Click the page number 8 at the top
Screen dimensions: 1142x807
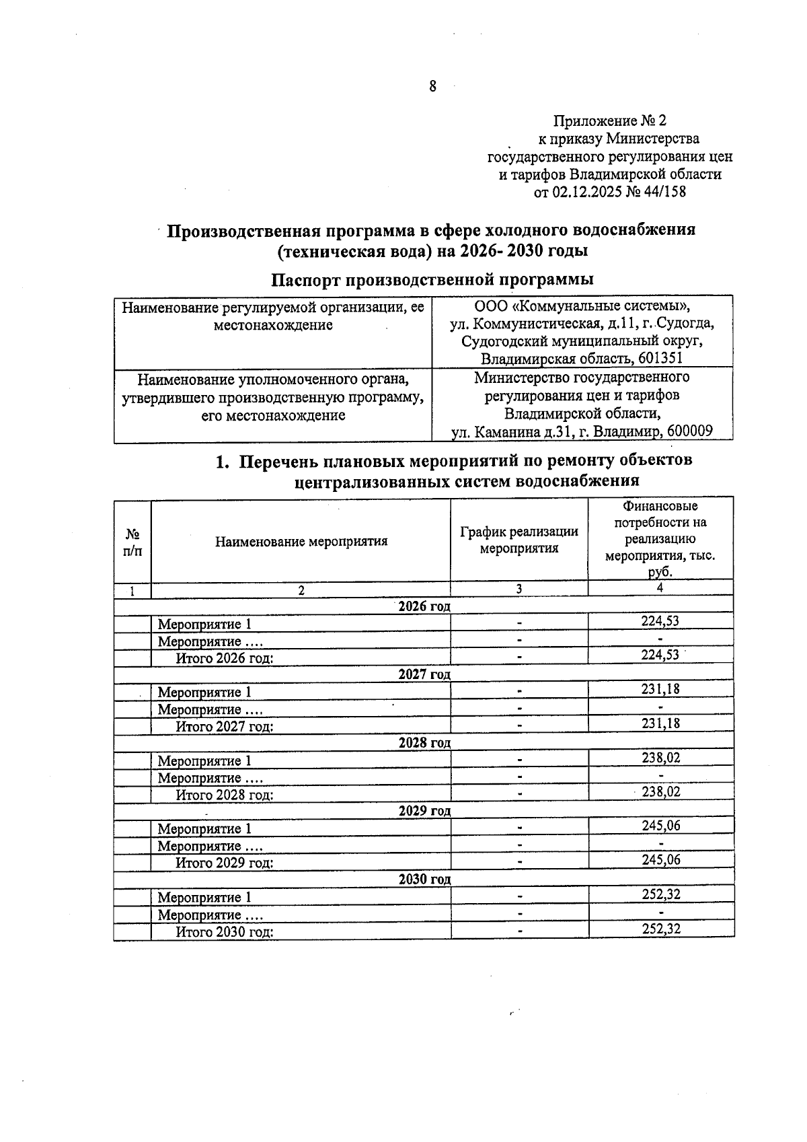[x=432, y=86]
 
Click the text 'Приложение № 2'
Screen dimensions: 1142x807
[x=609, y=121]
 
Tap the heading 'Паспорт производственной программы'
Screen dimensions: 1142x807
[x=432, y=279]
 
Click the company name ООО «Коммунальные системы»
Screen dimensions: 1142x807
[x=582, y=306]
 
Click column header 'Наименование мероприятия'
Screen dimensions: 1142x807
[x=301, y=541]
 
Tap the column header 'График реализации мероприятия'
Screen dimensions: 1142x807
[x=519, y=540]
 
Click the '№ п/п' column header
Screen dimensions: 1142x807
[x=132, y=542]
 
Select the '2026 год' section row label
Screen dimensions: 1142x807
[x=424, y=606]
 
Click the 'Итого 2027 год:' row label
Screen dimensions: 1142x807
[x=225, y=726]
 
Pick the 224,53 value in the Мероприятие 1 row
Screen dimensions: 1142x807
[x=660, y=620]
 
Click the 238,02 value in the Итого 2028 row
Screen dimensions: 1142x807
[x=660, y=792]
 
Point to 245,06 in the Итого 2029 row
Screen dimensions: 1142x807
[x=660, y=860]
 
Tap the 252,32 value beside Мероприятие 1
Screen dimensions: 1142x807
[x=660, y=894]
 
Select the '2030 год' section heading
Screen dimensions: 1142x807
[x=424, y=879]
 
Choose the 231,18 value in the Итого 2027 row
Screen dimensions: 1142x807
[x=660, y=723]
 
